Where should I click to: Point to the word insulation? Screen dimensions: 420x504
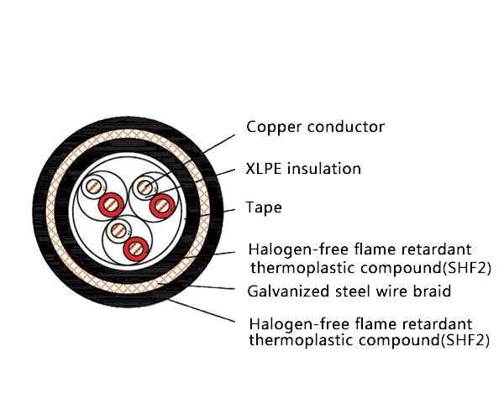click(324, 169)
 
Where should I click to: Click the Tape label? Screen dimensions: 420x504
click(264, 207)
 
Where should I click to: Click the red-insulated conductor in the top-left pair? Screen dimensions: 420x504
click(109, 204)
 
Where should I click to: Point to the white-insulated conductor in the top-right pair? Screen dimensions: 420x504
click(147, 186)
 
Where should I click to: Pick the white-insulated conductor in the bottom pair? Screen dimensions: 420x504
click(120, 229)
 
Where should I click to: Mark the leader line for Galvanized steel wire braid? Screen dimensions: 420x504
click(210, 287)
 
